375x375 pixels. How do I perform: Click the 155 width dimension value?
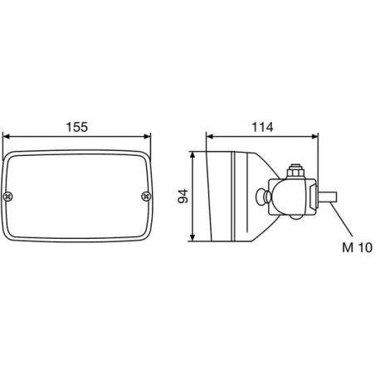77,127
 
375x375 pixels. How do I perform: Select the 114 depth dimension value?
262,127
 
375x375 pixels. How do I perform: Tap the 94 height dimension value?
183,197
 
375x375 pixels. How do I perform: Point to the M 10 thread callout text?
357,247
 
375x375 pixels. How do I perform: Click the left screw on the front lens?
7,197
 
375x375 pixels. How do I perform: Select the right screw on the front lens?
146,197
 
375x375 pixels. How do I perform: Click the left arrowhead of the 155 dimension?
7,137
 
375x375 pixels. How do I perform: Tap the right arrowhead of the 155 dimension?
147,137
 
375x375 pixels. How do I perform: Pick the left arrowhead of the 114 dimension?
210,136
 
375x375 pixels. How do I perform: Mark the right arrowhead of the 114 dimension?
314,136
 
